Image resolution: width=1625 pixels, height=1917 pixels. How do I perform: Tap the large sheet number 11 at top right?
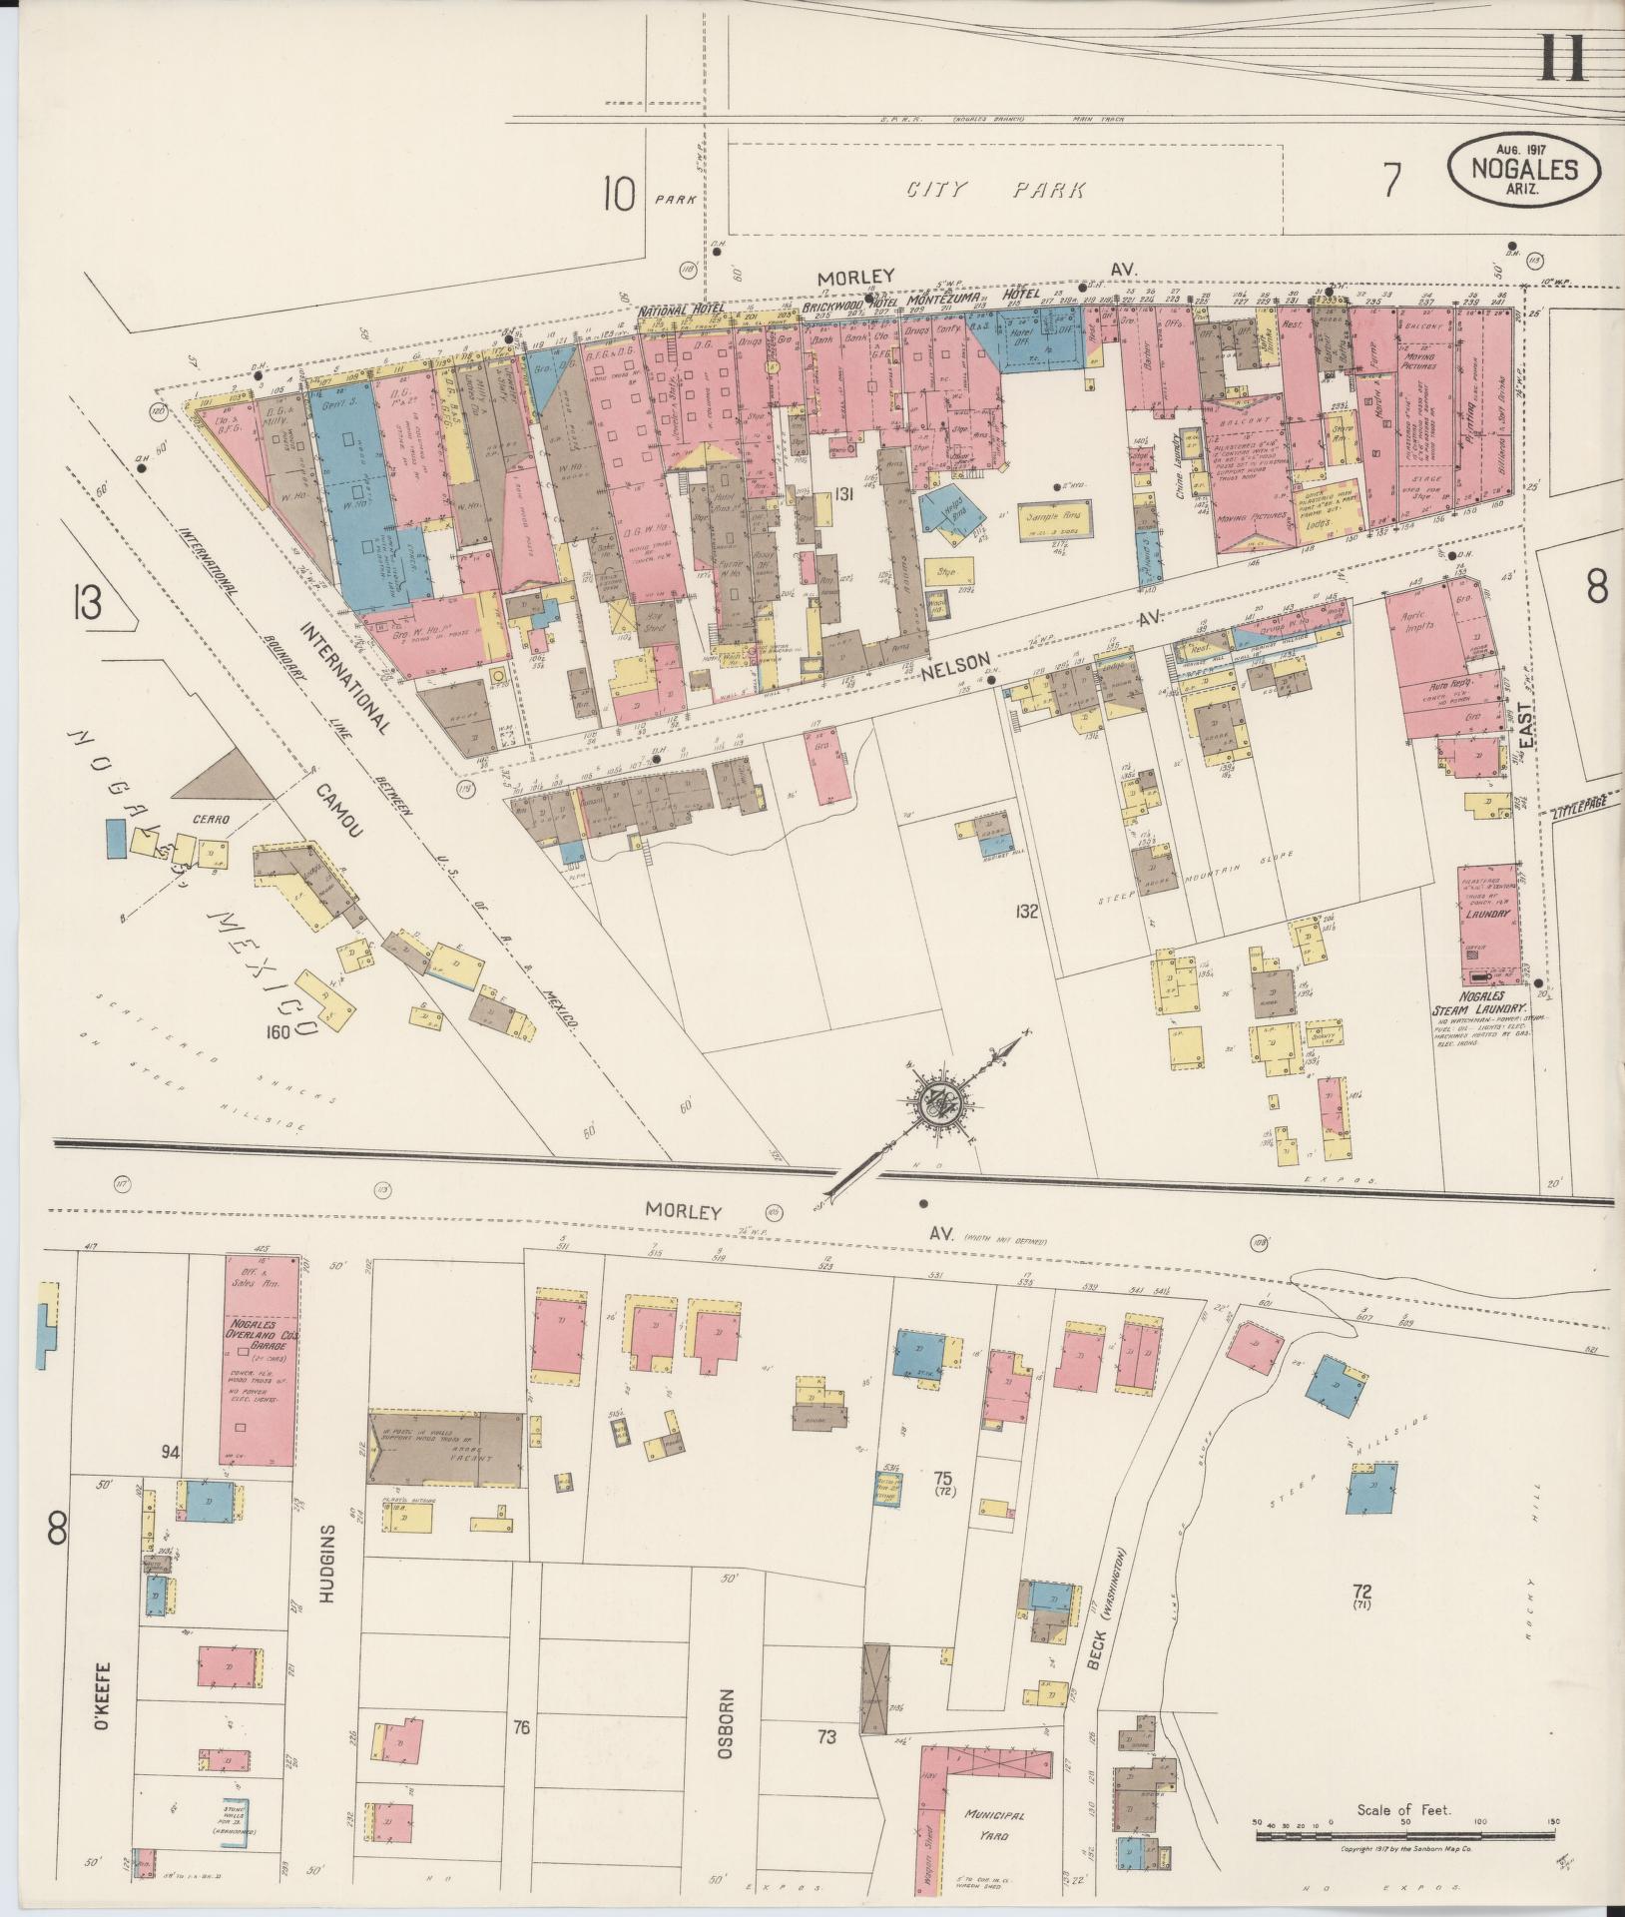[1562, 57]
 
